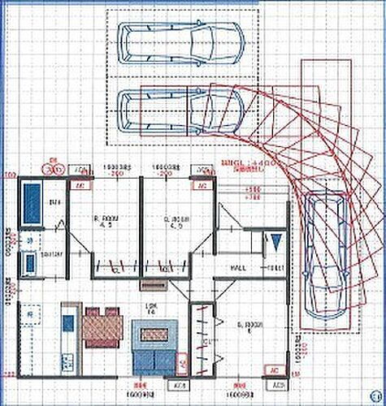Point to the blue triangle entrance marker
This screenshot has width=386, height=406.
click(x=277, y=242)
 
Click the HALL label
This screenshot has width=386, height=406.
click(x=238, y=268)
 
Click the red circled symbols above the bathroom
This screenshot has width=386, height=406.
click(x=54, y=169)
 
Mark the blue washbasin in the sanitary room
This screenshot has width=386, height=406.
click(x=29, y=264)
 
